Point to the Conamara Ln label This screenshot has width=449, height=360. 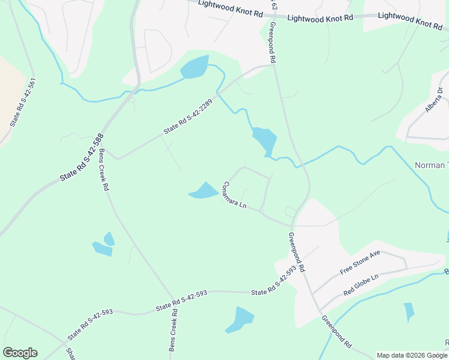[x=235, y=195]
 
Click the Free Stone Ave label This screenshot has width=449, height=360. [x=360, y=263]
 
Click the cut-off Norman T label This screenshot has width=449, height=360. [x=431, y=165]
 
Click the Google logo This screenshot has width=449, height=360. [x=20, y=353]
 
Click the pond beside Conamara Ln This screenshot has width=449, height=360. [x=204, y=191]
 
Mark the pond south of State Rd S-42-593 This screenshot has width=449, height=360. [x=241, y=319]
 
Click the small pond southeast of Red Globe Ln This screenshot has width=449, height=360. [x=409, y=311]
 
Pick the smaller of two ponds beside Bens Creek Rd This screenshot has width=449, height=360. [x=109, y=238]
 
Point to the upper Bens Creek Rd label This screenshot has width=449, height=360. [x=103, y=169]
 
